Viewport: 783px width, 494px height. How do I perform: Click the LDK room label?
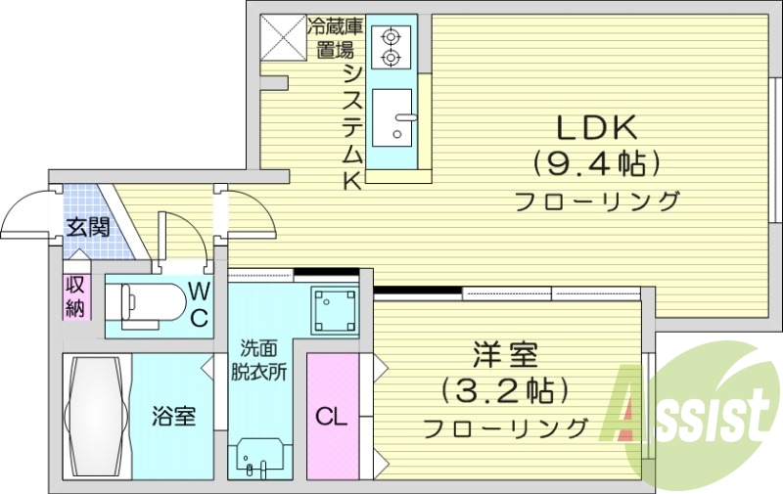pos(597,127)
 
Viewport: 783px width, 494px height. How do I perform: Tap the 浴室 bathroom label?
pos(173,415)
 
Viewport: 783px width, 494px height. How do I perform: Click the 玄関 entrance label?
pos(87,228)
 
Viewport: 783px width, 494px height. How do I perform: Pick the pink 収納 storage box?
pos(76,296)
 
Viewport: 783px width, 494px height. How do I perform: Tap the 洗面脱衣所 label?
pos(258,359)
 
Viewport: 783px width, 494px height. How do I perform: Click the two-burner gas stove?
pos(392,47)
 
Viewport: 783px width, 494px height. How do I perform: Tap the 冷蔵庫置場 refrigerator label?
pos(333,37)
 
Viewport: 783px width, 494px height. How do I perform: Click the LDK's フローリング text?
pos(597,202)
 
